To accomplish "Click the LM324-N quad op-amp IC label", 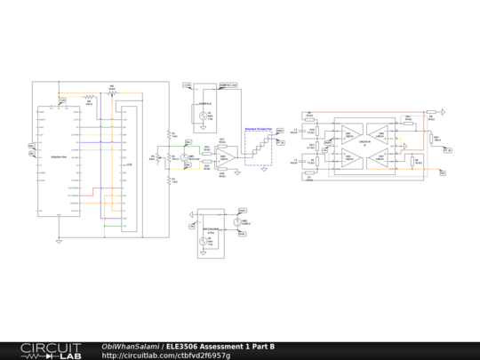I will click(364, 142).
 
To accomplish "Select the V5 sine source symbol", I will click(202, 116).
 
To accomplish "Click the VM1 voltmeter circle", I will click(184, 157).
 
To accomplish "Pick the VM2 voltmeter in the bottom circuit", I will click(237, 222).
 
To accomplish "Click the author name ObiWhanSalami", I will click(130, 346).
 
